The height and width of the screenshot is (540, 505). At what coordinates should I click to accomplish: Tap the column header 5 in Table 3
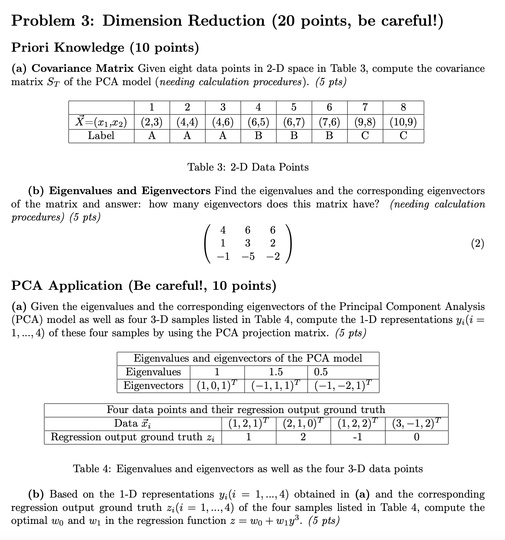[x=294, y=107]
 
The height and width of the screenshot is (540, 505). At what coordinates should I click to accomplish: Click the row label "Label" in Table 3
[x=101, y=136]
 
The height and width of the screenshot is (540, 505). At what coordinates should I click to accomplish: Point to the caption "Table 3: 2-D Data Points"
[x=248, y=167]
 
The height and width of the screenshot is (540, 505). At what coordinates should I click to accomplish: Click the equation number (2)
[x=477, y=243]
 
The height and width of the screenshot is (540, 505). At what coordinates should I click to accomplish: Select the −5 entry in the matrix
[x=248, y=256]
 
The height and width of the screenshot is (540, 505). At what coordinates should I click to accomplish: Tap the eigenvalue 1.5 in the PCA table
[x=276, y=372]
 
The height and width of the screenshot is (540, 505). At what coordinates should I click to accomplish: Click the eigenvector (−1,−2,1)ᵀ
[x=343, y=385]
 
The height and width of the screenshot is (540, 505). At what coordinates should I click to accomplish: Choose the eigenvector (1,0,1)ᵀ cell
[x=217, y=385]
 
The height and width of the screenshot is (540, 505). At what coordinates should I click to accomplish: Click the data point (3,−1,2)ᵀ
[x=417, y=423]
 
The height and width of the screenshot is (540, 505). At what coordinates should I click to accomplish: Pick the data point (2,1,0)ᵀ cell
[x=303, y=423]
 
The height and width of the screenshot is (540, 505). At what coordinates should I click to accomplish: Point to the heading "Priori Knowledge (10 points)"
[x=105, y=47]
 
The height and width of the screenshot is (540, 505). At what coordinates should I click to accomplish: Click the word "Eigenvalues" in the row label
[x=153, y=372]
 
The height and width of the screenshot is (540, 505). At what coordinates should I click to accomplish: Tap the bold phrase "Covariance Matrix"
[x=83, y=68]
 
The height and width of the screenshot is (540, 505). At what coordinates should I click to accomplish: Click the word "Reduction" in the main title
[x=226, y=21]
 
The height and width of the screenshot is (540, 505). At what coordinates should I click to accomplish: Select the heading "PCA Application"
[x=67, y=285]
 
